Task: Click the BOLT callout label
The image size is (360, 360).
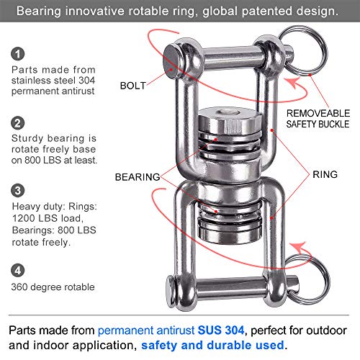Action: point(133,86)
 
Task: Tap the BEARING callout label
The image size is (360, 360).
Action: point(138,177)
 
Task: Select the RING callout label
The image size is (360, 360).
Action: point(325,174)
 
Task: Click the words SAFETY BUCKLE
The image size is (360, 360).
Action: point(318,124)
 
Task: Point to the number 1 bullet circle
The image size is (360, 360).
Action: point(18,54)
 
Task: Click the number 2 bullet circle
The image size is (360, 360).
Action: point(18,123)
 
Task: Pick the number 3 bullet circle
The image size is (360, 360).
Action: point(18,191)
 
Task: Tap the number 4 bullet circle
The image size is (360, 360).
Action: point(18,270)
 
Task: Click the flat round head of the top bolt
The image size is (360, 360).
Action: point(172,62)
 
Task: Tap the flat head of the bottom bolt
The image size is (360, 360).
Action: point(171,292)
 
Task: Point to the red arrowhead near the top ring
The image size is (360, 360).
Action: point(293,83)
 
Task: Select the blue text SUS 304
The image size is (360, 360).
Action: point(221,330)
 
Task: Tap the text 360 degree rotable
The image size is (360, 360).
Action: point(53,287)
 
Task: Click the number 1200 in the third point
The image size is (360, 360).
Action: point(23,218)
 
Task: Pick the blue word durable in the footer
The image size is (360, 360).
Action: point(230,346)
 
